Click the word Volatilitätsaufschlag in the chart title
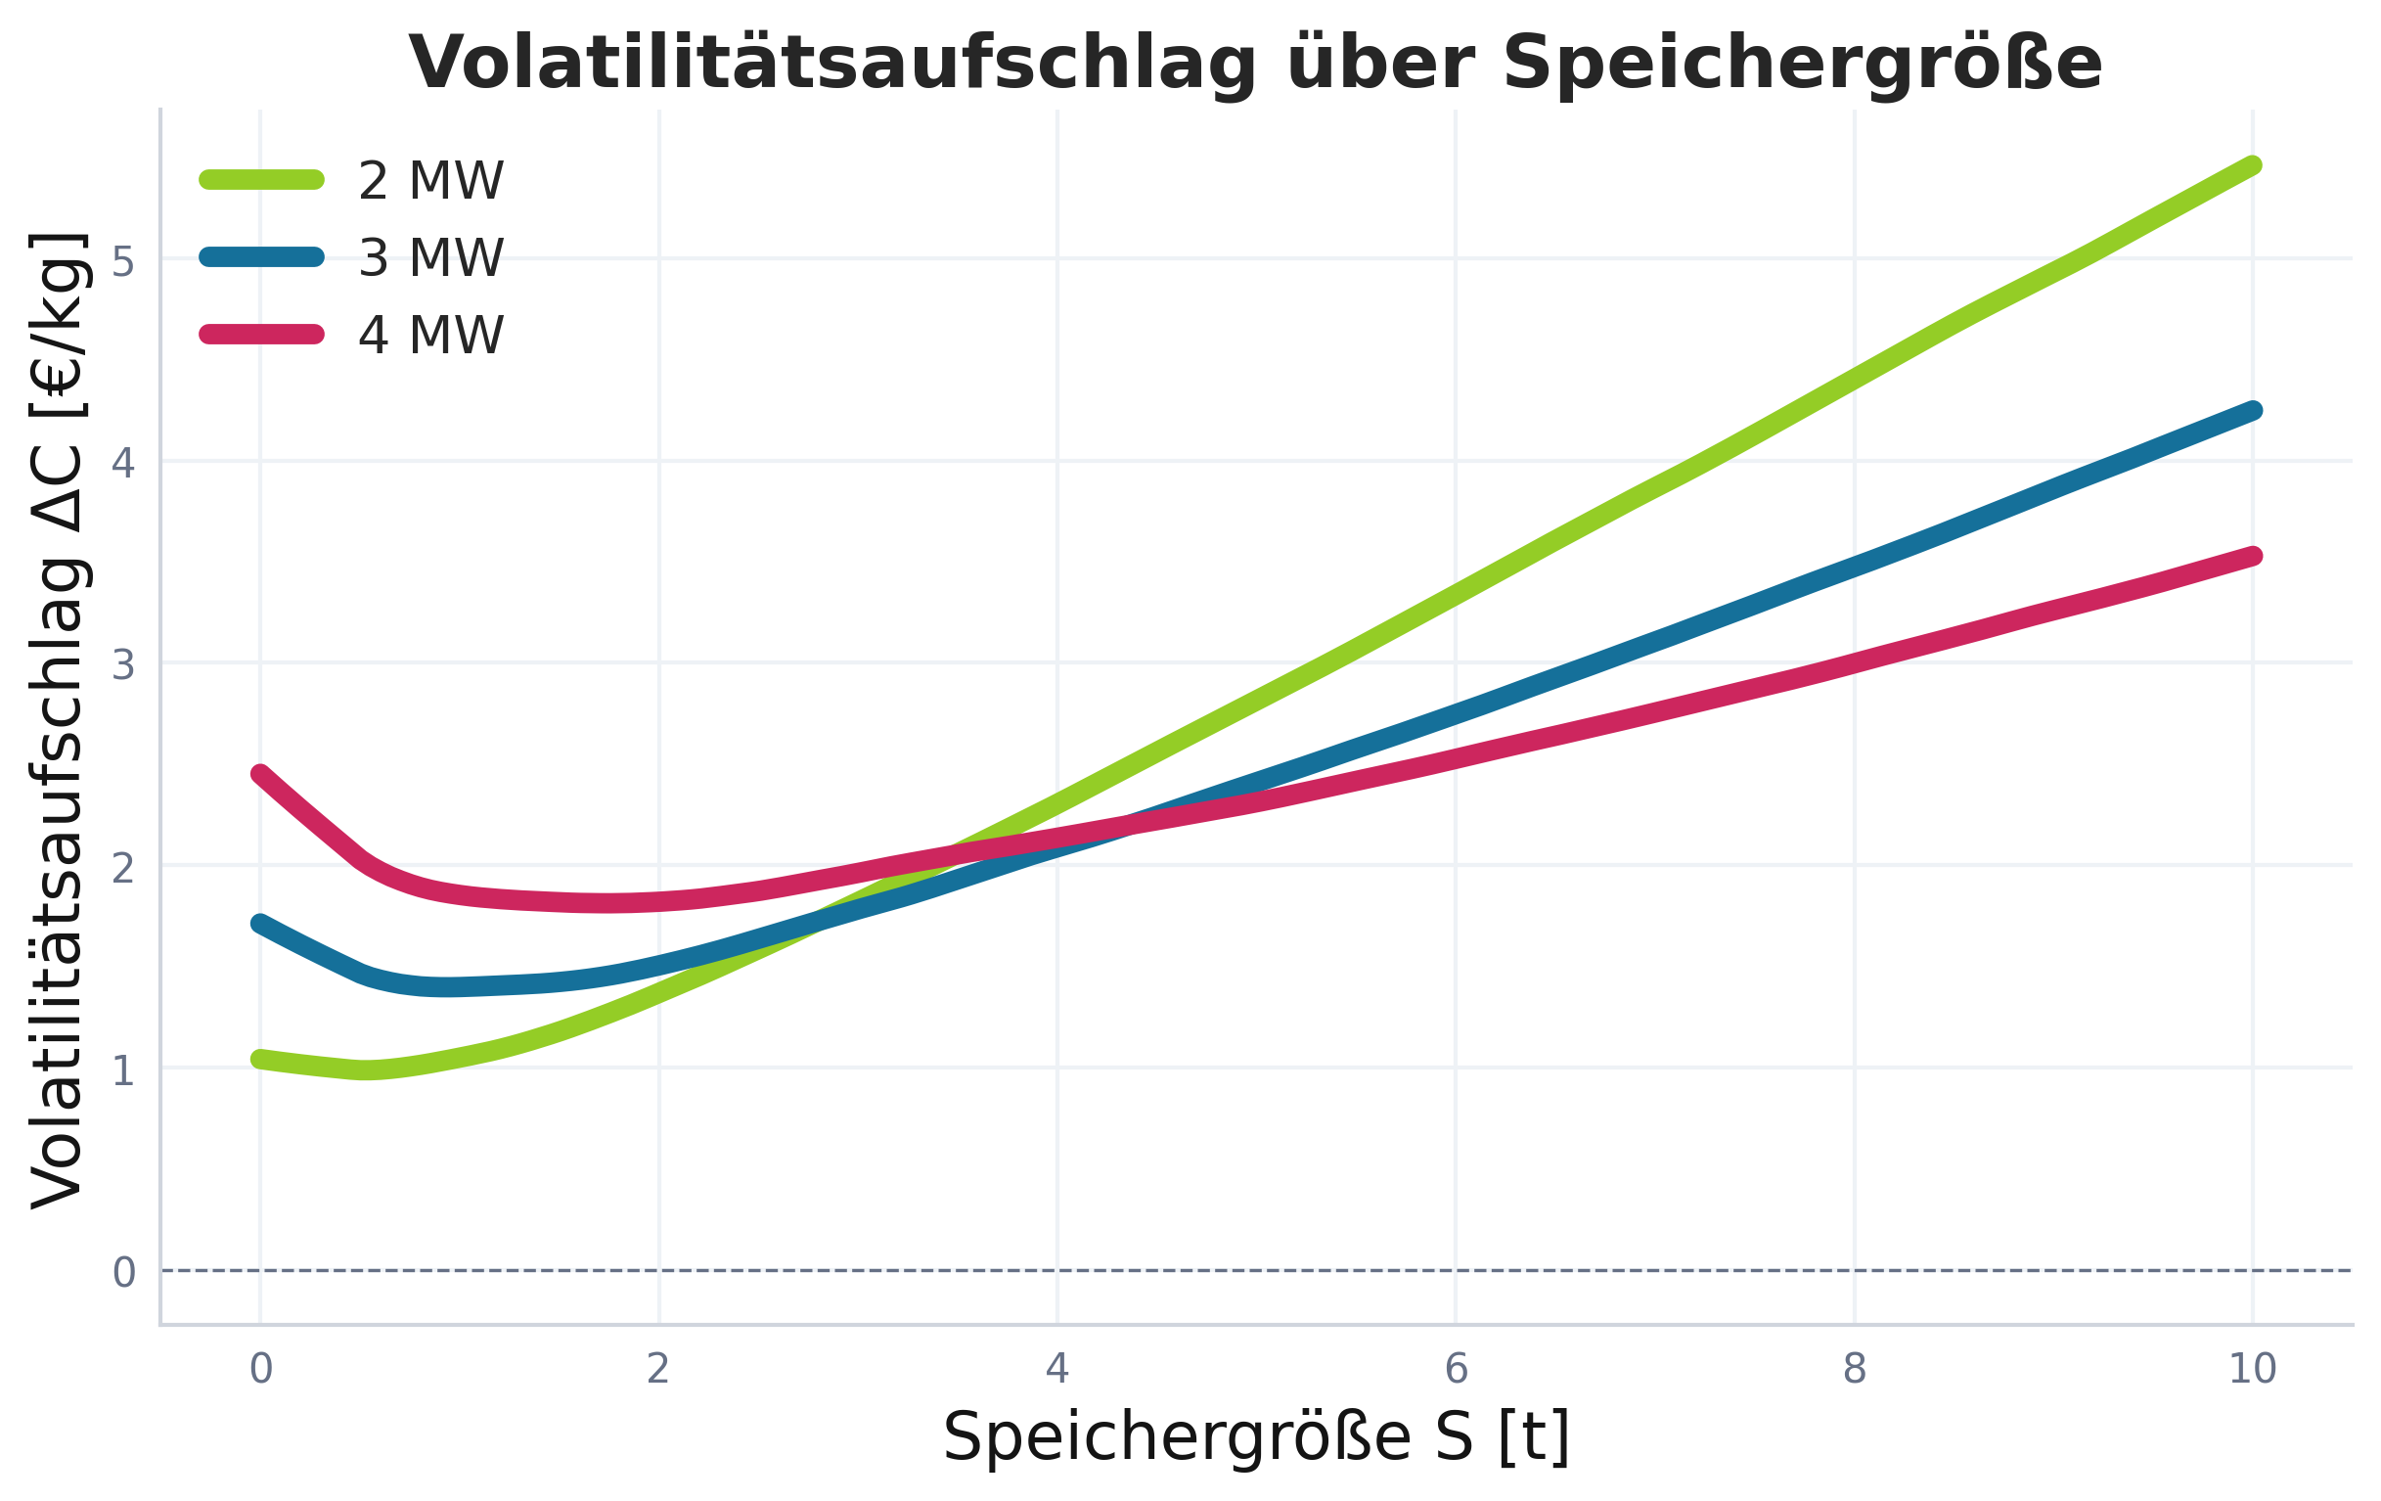(x=831, y=65)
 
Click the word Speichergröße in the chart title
(x=1802, y=65)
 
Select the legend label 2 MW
(x=431, y=182)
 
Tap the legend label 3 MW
(x=431, y=259)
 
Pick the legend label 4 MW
(x=431, y=337)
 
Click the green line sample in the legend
(x=262, y=179)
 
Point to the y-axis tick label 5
(x=122, y=263)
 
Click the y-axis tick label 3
(x=122, y=666)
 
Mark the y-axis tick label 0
(x=122, y=1273)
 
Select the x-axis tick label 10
(x=2253, y=1370)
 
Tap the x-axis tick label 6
(x=1456, y=1370)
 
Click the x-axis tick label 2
(x=658, y=1370)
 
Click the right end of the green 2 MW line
(x=2253, y=166)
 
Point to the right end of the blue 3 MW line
(x=2253, y=410)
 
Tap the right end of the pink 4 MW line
(x=2253, y=557)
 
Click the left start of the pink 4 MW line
(x=260, y=774)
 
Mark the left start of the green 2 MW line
(x=260, y=1059)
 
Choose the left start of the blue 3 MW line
(x=260, y=924)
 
